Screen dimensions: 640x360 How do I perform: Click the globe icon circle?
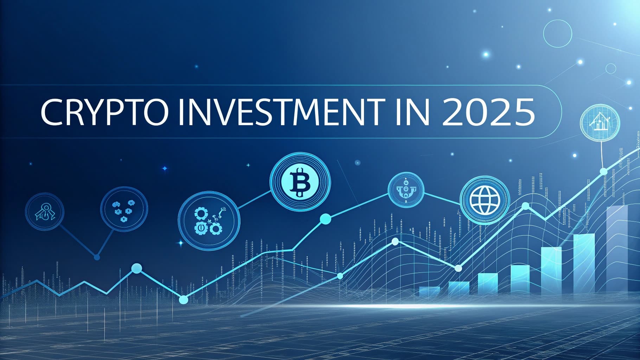click(x=485, y=200)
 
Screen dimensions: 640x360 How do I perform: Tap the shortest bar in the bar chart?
click(x=430, y=291)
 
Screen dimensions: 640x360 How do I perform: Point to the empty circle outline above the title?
click(x=558, y=34)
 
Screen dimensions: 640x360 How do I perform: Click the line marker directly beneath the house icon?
click(x=603, y=171)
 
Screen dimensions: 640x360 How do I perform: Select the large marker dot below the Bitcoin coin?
click(x=326, y=219)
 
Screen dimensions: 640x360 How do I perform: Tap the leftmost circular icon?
click(x=45, y=211)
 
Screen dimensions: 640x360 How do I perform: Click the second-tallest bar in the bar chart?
click(x=584, y=264)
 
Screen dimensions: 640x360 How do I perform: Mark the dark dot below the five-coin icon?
click(x=97, y=257)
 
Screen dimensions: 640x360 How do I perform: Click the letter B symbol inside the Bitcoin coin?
click(x=300, y=182)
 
